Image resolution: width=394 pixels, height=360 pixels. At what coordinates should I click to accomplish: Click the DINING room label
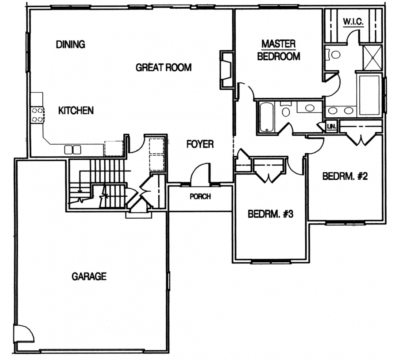tap(70, 44)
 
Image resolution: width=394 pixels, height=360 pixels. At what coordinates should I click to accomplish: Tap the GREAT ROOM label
tap(163, 67)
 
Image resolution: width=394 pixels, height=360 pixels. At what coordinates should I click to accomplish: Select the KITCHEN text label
tap(76, 110)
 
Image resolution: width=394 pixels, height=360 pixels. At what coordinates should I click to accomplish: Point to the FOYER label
tap(200, 144)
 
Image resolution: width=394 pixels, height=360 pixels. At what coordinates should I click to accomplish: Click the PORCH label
tap(200, 196)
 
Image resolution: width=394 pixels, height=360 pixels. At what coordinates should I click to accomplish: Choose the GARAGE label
tap(89, 277)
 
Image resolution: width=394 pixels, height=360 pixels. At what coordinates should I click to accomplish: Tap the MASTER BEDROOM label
tap(279, 50)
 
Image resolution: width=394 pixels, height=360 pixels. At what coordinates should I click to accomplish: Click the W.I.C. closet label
tap(353, 22)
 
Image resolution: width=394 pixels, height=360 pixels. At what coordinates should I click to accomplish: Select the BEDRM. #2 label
tap(345, 176)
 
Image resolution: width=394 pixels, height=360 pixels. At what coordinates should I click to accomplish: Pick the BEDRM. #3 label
tap(270, 214)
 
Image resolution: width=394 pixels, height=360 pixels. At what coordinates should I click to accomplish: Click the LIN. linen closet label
tap(332, 126)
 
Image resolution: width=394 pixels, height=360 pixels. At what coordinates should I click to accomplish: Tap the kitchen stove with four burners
tap(38, 115)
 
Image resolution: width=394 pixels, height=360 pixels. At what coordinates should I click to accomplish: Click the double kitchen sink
tap(73, 150)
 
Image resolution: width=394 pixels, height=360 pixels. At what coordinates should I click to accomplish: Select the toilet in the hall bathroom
tap(285, 109)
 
